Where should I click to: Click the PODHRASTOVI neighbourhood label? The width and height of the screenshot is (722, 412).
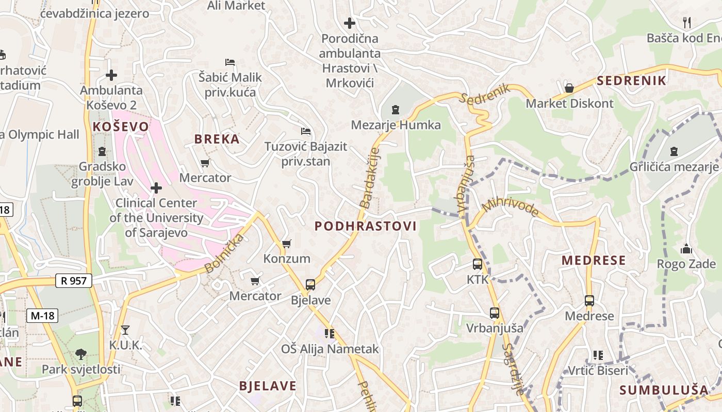click(365, 226)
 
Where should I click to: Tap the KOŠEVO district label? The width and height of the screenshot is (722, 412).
click(121, 127)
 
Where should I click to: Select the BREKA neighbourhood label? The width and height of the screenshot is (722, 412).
click(217, 139)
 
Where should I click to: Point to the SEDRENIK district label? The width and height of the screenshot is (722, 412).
click(632, 80)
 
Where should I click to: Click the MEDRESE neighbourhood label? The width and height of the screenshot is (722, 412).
click(594, 260)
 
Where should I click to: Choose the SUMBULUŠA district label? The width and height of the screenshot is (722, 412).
click(664, 389)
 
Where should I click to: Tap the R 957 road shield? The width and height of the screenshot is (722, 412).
click(74, 281)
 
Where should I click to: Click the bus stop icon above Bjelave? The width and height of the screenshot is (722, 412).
click(310, 285)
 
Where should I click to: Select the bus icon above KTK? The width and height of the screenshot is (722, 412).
click(478, 264)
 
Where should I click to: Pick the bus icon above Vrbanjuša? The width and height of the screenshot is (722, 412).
click(495, 313)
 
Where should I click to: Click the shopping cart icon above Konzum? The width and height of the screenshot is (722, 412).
click(286, 244)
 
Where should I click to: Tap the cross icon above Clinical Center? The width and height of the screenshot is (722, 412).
click(156, 188)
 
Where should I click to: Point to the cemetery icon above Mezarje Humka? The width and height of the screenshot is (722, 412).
click(396, 109)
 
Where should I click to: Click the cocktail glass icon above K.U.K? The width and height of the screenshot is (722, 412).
click(125, 330)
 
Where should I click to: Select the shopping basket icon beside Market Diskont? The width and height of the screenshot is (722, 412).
click(569, 89)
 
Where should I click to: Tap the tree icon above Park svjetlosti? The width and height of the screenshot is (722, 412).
click(81, 354)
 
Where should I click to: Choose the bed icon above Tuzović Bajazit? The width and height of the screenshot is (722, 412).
click(306, 131)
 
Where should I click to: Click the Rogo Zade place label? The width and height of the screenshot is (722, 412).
click(686, 264)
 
